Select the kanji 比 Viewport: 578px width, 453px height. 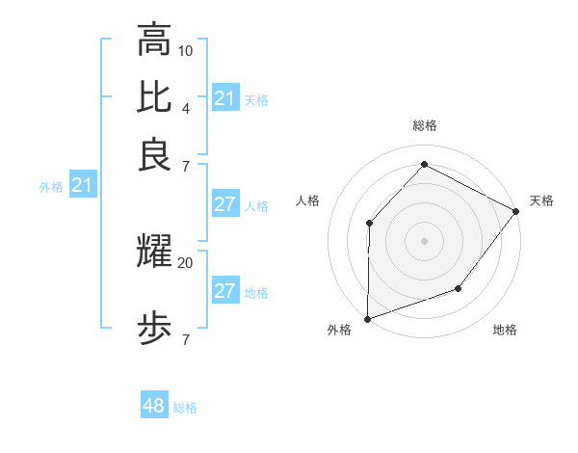(154, 97)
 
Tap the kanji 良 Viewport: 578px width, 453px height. (154, 155)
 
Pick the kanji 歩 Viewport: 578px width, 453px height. (154, 329)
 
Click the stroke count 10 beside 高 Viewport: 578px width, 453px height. (186, 49)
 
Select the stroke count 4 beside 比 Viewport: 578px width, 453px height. (186, 107)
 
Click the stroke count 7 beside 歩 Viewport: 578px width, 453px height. (186, 339)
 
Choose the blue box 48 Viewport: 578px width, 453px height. (154, 406)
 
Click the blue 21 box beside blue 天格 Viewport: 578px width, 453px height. (224, 97)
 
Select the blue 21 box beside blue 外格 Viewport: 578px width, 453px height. (82, 185)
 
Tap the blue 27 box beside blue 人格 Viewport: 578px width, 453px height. (224, 204)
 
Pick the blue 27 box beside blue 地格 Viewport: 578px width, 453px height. (224, 291)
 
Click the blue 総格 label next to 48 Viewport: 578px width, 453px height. (185, 408)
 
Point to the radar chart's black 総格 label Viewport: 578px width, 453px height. (424, 125)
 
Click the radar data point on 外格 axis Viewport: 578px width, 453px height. (367, 318)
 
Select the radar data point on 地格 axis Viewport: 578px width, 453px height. (459, 288)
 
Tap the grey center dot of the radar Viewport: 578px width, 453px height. (424, 240)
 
